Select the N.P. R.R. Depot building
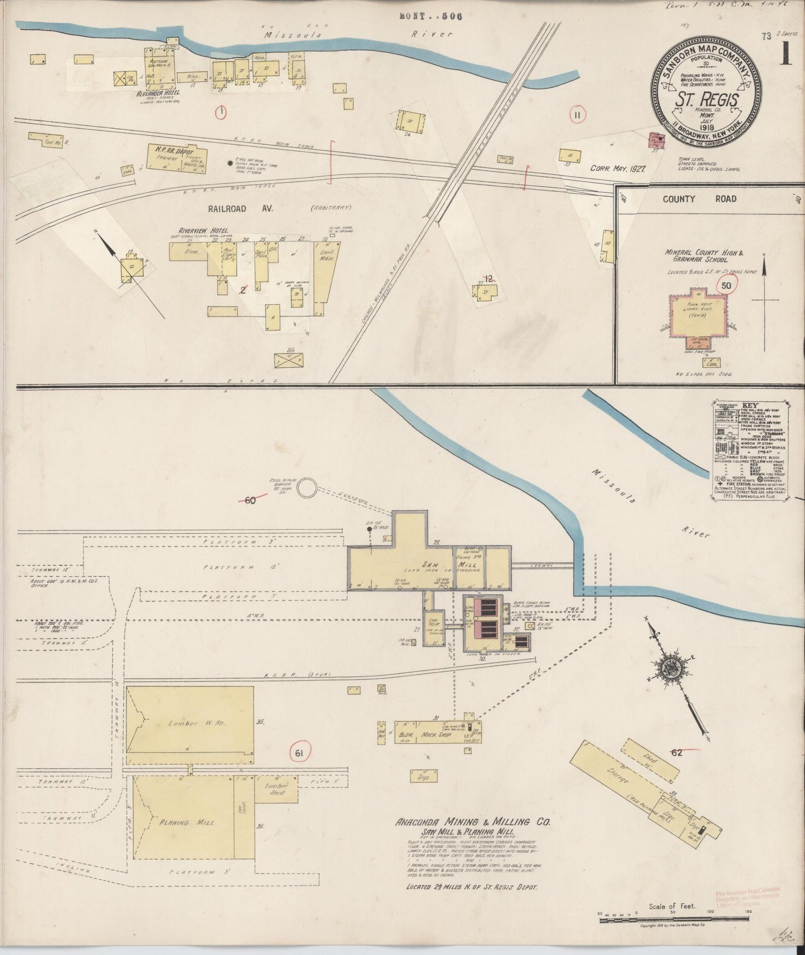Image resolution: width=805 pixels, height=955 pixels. pos(177,159)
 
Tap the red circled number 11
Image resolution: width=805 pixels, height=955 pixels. pos(577,115)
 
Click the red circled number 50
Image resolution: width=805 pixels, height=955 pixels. pos(726,286)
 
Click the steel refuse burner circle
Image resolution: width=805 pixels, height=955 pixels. pos(306,489)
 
